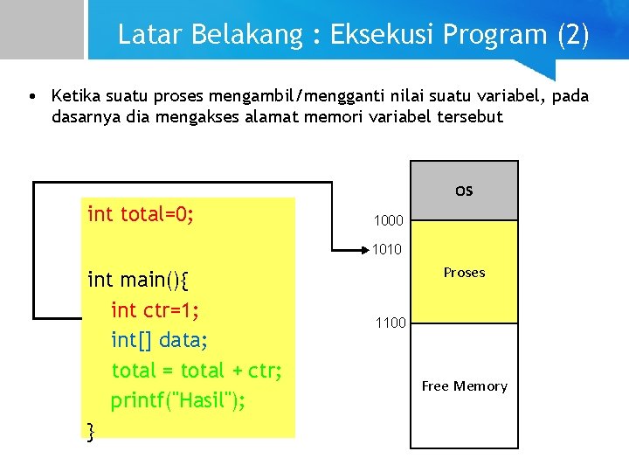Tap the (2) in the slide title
coord(572,35)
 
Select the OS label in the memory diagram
coord(464,191)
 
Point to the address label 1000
coord(388,221)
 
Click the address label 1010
coord(387,250)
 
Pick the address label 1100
coord(391,323)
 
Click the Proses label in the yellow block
coord(464,273)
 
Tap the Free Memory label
coord(464,386)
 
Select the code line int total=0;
coord(141,214)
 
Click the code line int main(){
coord(139,280)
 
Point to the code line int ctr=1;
coord(156,310)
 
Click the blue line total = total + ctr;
coord(197,371)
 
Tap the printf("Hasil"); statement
coord(177,401)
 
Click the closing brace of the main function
coord(91,429)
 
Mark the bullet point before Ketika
coord(31,95)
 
